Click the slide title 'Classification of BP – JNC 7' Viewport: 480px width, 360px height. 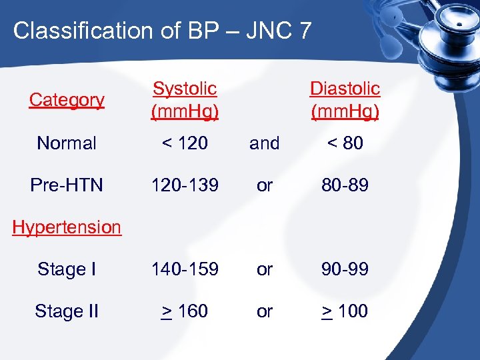click(x=162, y=31)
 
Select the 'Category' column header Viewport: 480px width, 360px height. click(x=67, y=100)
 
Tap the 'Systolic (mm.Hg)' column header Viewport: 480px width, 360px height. click(x=185, y=100)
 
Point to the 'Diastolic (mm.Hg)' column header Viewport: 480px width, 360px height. click(x=345, y=100)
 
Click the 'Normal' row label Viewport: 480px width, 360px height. click(x=67, y=143)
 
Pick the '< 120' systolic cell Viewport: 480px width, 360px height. click(x=185, y=143)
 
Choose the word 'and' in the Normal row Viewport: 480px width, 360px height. click(x=265, y=143)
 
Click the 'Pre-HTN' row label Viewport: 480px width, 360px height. click(x=67, y=185)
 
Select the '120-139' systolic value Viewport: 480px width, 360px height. click(x=185, y=185)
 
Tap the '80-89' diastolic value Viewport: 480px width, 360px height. click(x=345, y=185)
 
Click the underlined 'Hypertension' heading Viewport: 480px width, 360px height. click(x=67, y=227)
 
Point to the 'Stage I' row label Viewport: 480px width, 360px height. click(x=67, y=269)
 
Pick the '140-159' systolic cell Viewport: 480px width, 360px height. click(x=185, y=269)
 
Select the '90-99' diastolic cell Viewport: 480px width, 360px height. click(x=345, y=269)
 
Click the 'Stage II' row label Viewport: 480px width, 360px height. click(x=67, y=311)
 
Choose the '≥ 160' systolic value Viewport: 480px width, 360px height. click(x=185, y=311)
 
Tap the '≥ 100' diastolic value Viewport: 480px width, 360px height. click(x=345, y=311)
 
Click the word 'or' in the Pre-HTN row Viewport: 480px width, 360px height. click(x=265, y=185)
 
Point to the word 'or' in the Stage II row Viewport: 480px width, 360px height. click(x=265, y=311)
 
